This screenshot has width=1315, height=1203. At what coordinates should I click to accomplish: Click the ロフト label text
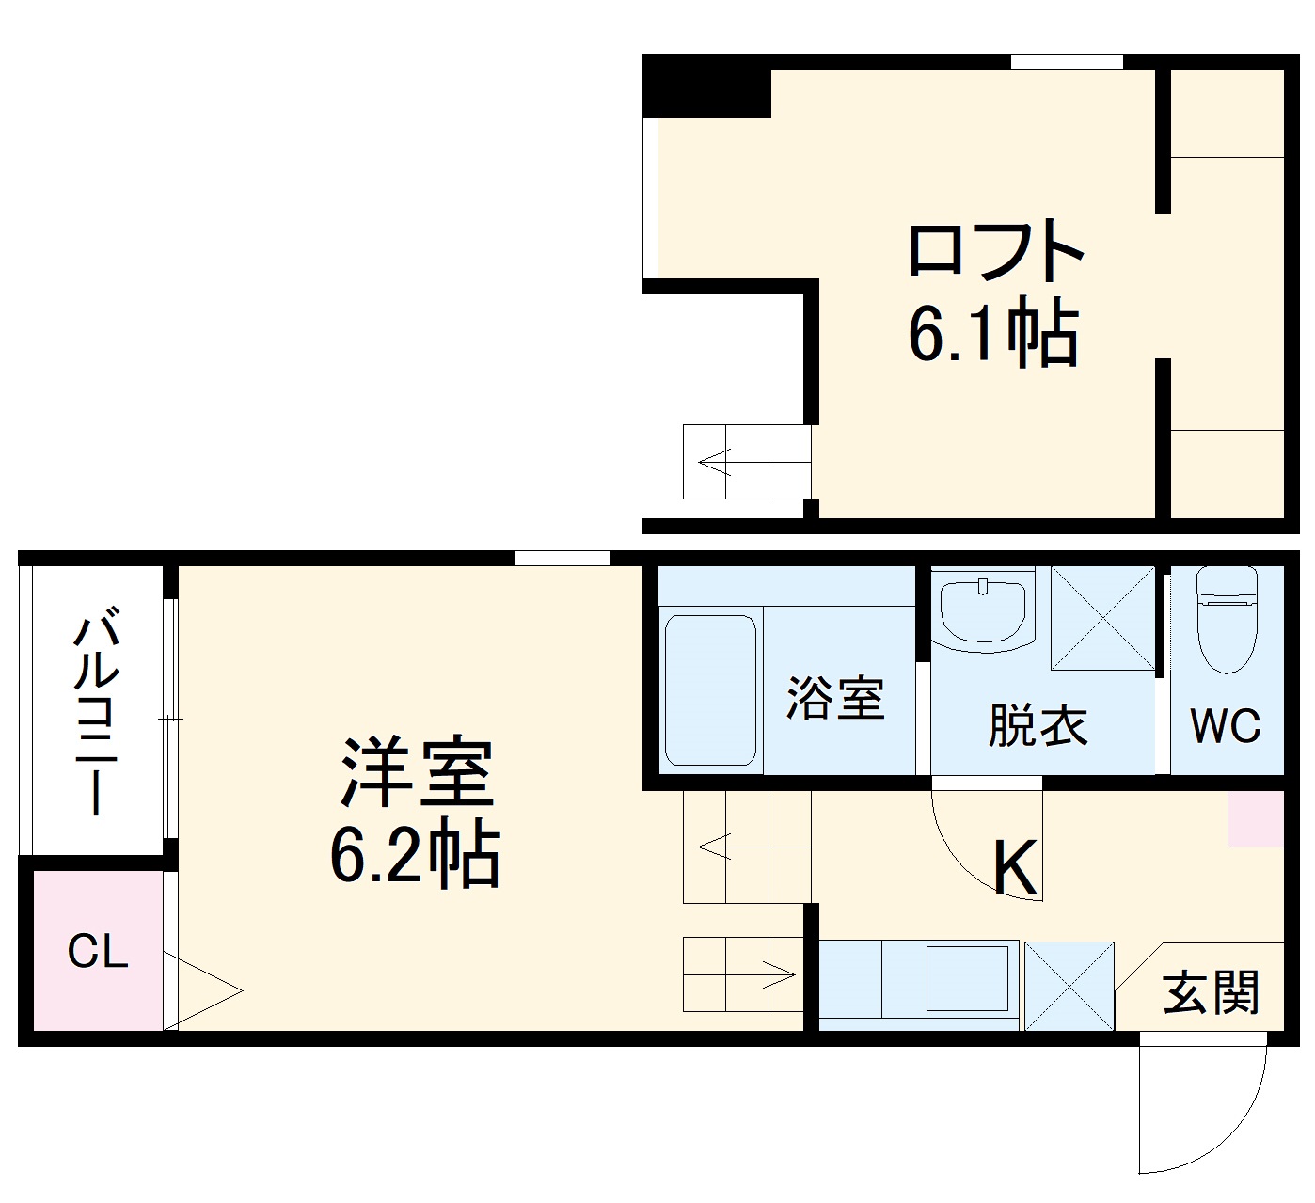tap(995, 250)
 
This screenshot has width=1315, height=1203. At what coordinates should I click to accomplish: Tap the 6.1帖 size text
tap(992, 335)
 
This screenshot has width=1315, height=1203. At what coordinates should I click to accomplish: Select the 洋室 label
tap(417, 773)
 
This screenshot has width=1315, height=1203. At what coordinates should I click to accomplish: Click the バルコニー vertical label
tap(97, 714)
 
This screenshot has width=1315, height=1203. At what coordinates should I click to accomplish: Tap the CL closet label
tap(97, 952)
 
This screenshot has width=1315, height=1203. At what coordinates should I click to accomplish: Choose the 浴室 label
tap(835, 698)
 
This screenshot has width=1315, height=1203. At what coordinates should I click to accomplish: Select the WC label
tap(1225, 726)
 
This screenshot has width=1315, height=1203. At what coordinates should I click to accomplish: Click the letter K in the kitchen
tap(1016, 867)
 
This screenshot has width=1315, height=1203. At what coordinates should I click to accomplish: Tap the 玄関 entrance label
tap(1211, 992)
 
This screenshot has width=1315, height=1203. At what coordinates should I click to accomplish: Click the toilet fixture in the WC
tap(1227, 619)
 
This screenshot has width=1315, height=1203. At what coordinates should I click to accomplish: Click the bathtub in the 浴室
tap(710, 690)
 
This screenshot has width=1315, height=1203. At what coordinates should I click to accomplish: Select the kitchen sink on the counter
tap(967, 978)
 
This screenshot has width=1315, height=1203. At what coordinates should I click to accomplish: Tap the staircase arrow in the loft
tap(715, 462)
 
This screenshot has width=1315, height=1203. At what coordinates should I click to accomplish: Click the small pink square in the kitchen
tap(1256, 817)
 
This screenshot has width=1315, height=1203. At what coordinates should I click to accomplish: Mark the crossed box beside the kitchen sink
tap(1069, 986)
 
